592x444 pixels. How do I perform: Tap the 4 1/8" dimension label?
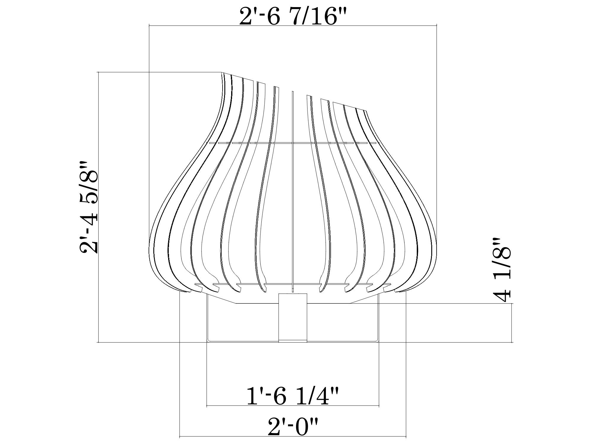coord(502,269)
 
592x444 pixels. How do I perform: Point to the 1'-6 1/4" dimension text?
coord(292,397)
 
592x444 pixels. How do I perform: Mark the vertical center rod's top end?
coord(292,91)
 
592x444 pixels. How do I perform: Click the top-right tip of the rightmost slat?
coord(367,111)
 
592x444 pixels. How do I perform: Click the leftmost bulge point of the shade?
coord(149,249)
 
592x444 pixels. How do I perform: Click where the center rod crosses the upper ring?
coord(292,143)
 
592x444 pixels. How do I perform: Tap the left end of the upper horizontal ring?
coord(210,143)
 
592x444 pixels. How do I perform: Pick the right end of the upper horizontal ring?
coord(376,143)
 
